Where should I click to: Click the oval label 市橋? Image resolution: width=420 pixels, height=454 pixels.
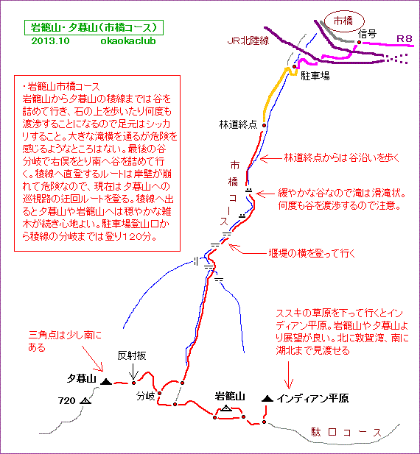[x=343, y=21]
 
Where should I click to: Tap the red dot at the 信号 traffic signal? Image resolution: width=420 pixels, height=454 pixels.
[x=360, y=42]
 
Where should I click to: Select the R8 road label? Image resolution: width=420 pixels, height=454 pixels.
[x=404, y=38]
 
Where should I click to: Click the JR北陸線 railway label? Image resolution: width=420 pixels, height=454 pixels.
[x=248, y=40]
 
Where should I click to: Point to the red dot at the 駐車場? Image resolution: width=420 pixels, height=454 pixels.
[x=295, y=67]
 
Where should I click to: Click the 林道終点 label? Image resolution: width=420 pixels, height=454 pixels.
[x=238, y=124]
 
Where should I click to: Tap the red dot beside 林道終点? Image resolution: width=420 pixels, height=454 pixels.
[x=265, y=125]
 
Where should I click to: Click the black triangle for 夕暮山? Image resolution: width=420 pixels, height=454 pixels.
[x=106, y=382]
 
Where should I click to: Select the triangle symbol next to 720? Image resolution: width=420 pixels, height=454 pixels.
[x=85, y=401]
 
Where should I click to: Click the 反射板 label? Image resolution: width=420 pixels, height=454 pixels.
[x=132, y=355]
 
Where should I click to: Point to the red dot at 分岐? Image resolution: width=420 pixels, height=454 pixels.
[x=159, y=393]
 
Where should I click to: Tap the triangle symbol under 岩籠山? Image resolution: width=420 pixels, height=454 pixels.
[x=226, y=408]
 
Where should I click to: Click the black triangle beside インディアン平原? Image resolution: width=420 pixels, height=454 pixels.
[x=267, y=398]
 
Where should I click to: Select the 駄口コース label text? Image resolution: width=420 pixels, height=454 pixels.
[x=346, y=433]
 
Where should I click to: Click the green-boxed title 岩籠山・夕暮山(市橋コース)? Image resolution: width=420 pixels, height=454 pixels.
[x=94, y=28]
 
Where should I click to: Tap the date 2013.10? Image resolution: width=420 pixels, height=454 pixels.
[x=50, y=40]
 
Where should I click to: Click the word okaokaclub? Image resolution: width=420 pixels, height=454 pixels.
[x=128, y=40]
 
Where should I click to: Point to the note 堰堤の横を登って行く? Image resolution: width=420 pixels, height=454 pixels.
[x=312, y=253]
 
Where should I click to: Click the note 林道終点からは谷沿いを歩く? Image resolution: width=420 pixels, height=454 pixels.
[x=342, y=157]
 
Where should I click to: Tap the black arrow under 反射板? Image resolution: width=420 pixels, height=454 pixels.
[x=133, y=371]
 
